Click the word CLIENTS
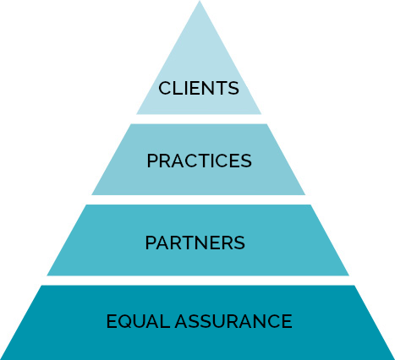(x=199, y=88)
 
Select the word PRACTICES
(x=199, y=161)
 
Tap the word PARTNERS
(x=195, y=243)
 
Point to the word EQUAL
(x=138, y=321)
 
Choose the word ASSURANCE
(x=233, y=321)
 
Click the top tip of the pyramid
(x=200, y=1)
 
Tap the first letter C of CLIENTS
(x=165, y=88)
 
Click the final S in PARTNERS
(x=239, y=243)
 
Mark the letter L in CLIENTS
(x=179, y=88)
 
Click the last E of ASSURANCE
(x=287, y=321)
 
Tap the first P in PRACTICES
(x=152, y=161)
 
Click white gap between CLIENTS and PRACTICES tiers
(x=199, y=119)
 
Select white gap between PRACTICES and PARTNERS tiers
(x=199, y=199)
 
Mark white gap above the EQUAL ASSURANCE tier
(x=198, y=281)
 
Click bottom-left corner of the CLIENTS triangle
(x=136, y=114)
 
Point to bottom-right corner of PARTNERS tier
(x=349, y=275)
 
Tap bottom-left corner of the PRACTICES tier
(x=91, y=195)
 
